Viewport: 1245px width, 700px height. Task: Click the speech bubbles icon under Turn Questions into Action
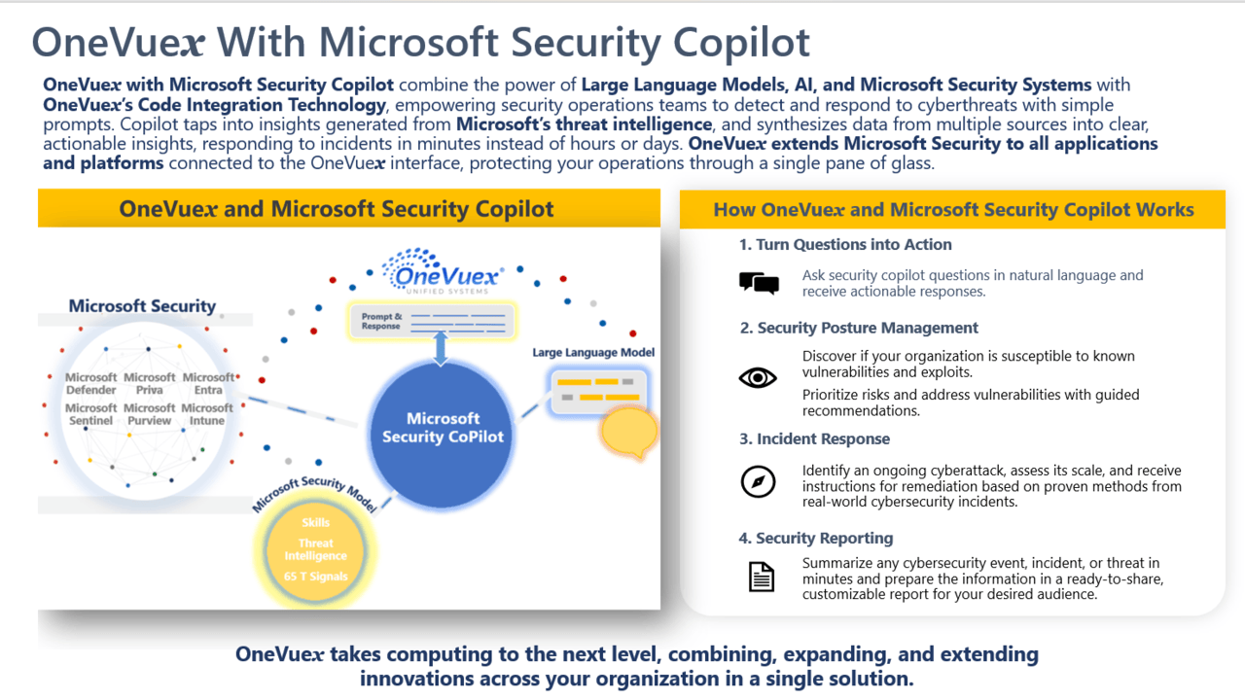click(x=759, y=283)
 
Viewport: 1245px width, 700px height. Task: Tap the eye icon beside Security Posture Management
click(x=758, y=378)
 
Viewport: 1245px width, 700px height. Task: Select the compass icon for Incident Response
click(x=758, y=481)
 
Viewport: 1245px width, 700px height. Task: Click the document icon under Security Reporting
click(x=761, y=577)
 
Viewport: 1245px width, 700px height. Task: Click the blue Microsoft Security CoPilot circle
click(x=443, y=434)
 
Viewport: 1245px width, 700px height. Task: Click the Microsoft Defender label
click(x=91, y=383)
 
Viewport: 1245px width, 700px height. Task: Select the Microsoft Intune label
click(x=207, y=414)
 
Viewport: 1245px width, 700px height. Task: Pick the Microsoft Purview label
click(x=149, y=414)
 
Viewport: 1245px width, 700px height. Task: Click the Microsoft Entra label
click(x=208, y=383)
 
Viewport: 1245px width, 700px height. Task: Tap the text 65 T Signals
click(x=316, y=577)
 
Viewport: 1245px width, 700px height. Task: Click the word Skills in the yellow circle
click(x=316, y=522)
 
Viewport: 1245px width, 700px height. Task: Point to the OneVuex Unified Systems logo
click(x=444, y=271)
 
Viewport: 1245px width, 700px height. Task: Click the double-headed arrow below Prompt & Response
click(x=441, y=348)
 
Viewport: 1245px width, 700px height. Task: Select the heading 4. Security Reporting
click(x=816, y=538)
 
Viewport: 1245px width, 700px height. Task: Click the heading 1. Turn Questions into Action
click(x=845, y=244)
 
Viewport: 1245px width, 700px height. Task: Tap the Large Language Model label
click(x=593, y=352)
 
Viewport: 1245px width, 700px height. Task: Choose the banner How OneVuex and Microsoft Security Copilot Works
click(x=952, y=209)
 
